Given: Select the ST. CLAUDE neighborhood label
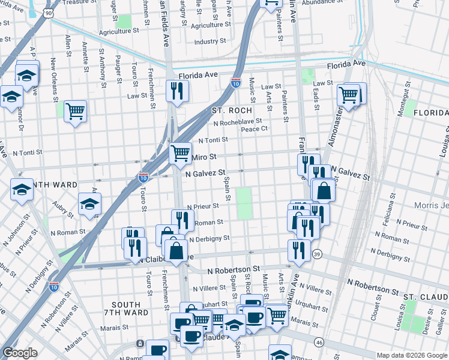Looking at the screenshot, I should [426, 297].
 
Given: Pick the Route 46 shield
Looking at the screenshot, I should [319, 342].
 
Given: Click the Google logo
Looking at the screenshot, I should [20, 353].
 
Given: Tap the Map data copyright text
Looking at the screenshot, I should [412, 355].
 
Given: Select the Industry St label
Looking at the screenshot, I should [209, 41].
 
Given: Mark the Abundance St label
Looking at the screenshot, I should [322, 3].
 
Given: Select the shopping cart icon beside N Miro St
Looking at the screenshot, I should [180, 153].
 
